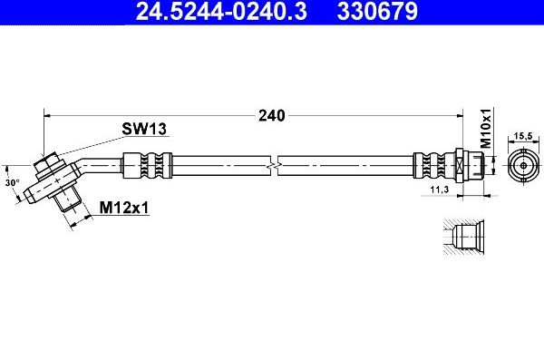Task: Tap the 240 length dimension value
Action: pyautogui.click(x=270, y=115)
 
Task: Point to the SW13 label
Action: pyautogui.click(x=144, y=129)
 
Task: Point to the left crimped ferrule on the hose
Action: pyautogui.click(x=146, y=167)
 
